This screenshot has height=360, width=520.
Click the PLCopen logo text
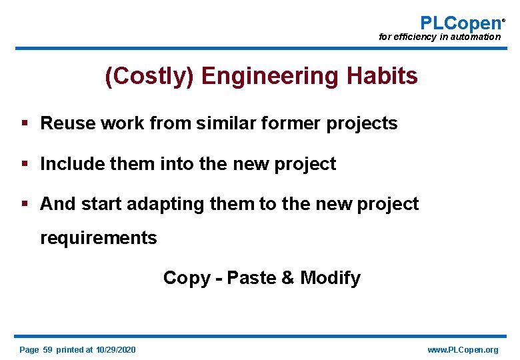coord(461,23)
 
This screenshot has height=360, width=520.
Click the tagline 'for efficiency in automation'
coord(439,37)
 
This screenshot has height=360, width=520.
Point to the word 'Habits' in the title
coord(383,76)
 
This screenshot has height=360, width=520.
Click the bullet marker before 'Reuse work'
coord(25,123)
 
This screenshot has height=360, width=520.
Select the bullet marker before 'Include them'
coord(25,164)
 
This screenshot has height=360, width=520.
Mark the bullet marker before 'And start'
coord(25,204)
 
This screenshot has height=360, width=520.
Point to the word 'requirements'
coord(99,238)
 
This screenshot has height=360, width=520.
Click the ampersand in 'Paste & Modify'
coord(288,277)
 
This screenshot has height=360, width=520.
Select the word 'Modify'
coord(331,278)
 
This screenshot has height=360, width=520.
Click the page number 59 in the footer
coord(47,350)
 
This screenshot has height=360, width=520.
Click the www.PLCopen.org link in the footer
coord(462,350)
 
